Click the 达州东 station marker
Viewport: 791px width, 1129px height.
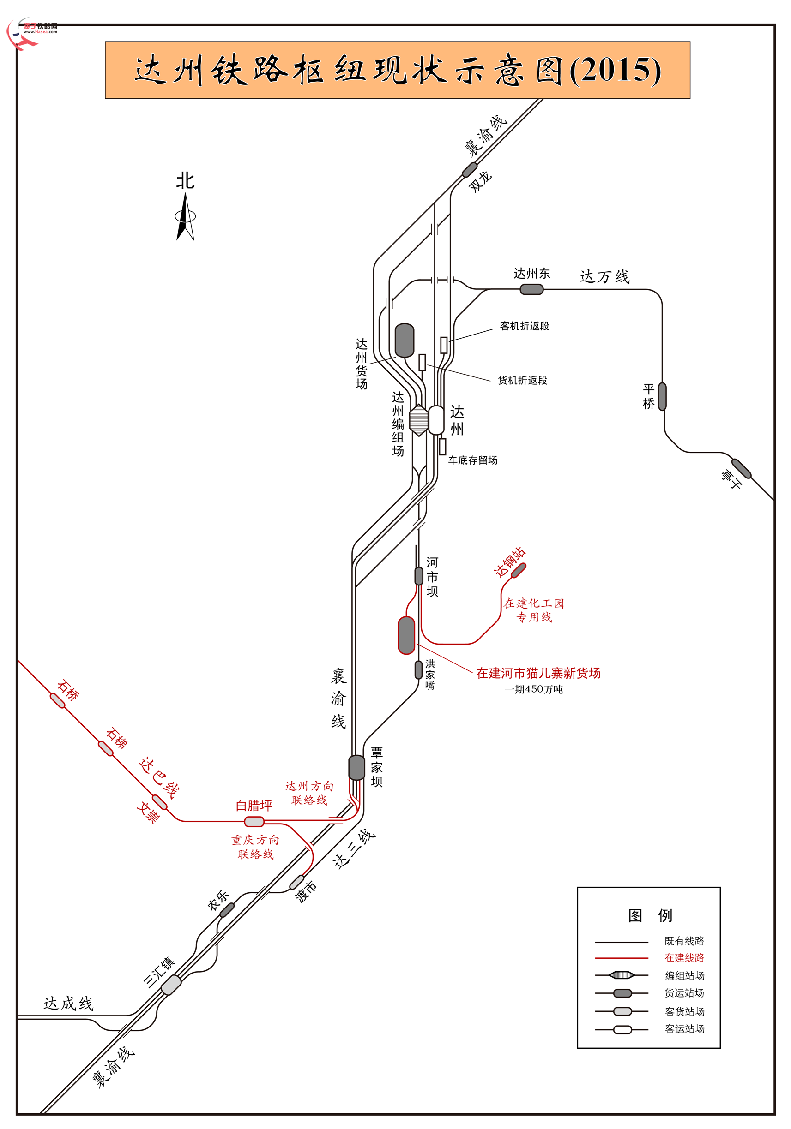(x=531, y=290)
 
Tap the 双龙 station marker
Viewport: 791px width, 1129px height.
(x=470, y=170)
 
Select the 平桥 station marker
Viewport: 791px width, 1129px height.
(x=662, y=396)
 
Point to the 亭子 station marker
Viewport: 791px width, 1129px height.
(x=741, y=468)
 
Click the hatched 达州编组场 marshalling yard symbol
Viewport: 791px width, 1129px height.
(x=419, y=420)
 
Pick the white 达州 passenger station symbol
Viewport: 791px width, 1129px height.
(x=436, y=420)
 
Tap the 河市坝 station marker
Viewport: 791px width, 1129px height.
(x=418, y=576)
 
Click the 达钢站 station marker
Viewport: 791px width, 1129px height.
(x=519, y=570)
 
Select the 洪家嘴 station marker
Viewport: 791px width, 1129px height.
(x=418, y=670)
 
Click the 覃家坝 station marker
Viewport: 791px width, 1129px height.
(x=357, y=767)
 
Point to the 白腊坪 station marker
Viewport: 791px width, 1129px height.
(x=254, y=821)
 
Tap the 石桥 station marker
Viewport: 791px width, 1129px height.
(x=58, y=701)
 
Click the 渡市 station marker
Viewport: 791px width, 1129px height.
(x=297, y=882)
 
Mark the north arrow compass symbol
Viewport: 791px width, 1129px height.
(x=186, y=216)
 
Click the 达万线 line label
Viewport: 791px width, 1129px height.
(x=604, y=276)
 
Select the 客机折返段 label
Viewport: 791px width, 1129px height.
(x=524, y=326)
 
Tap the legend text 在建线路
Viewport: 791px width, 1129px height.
(x=684, y=957)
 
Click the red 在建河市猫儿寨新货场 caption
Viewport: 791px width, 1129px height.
(x=538, y=673)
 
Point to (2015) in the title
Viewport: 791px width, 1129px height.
(x=615, y=70)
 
